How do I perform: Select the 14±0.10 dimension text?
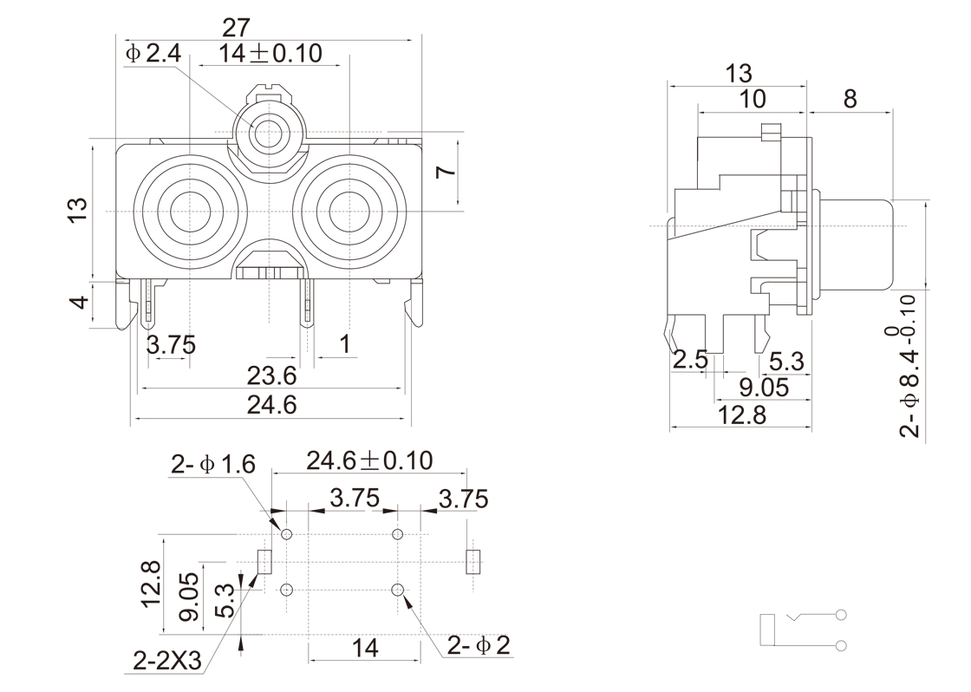click(270, 54)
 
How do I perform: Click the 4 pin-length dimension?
click(80, 304)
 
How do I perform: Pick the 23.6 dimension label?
click(271, 375)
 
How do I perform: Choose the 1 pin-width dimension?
click(345, 344)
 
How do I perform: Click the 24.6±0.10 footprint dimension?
click(368, 460)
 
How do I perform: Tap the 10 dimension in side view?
click(753, 99)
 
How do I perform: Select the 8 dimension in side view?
click(850, 99)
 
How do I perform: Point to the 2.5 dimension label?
click(690, 359)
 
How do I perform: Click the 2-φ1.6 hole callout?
click(212, 465)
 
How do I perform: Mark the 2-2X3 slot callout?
click(167, 663)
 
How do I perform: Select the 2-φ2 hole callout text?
click(479, 645)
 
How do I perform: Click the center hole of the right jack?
click(348, 212)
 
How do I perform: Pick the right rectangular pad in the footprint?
click(472, 561)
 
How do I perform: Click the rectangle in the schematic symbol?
click(766, 630)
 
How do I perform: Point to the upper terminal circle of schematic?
click(840, 616)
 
